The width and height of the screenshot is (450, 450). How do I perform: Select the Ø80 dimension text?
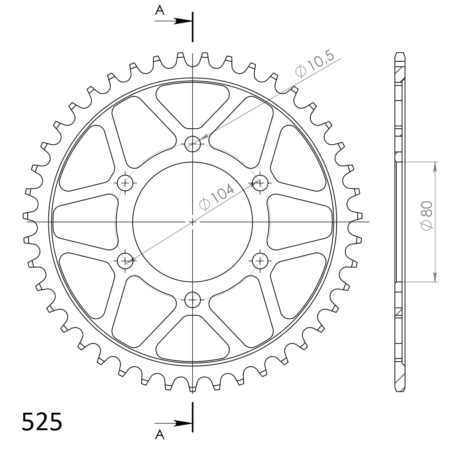click(x=426, y=215)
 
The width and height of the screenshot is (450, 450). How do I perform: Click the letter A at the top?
click(x=160, y=10)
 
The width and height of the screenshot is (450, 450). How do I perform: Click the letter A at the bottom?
click(x=160, y=435)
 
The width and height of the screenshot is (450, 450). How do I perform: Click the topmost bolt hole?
click(x=193, y=144)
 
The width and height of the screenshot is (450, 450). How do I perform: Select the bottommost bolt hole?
click(x=193, y=300)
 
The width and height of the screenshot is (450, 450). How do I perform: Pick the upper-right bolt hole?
click(x=260, y=183)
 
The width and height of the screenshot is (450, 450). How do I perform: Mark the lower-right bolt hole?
click(x=260, y=261)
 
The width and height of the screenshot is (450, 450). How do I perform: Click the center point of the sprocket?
click(x=193, y=222)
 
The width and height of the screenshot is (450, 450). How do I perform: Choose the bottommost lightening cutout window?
click(x=193, y=339)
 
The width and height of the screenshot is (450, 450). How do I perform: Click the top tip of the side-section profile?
click(x=399, y=53)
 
